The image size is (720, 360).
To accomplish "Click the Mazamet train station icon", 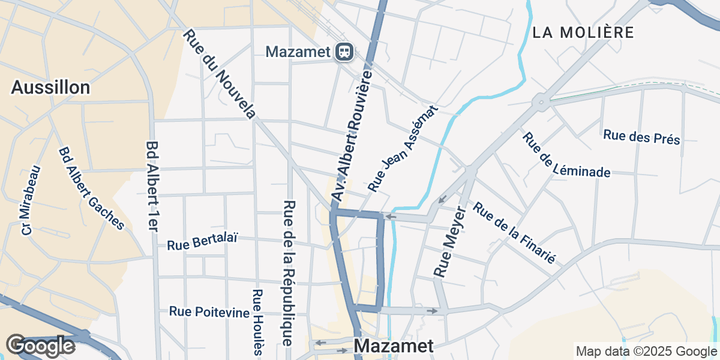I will (344, 52).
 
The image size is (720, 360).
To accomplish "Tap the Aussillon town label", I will (50, 88).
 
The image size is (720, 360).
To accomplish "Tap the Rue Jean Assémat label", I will (403, 149).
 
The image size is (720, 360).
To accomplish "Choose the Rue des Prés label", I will (641, 137).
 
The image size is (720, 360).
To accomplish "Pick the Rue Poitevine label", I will (209, 311).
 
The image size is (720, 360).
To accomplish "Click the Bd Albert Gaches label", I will (91, 188).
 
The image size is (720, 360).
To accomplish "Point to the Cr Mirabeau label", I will (31, 200).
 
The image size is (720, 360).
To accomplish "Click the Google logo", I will (41, 346).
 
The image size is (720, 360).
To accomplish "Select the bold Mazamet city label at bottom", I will (393, 346).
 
